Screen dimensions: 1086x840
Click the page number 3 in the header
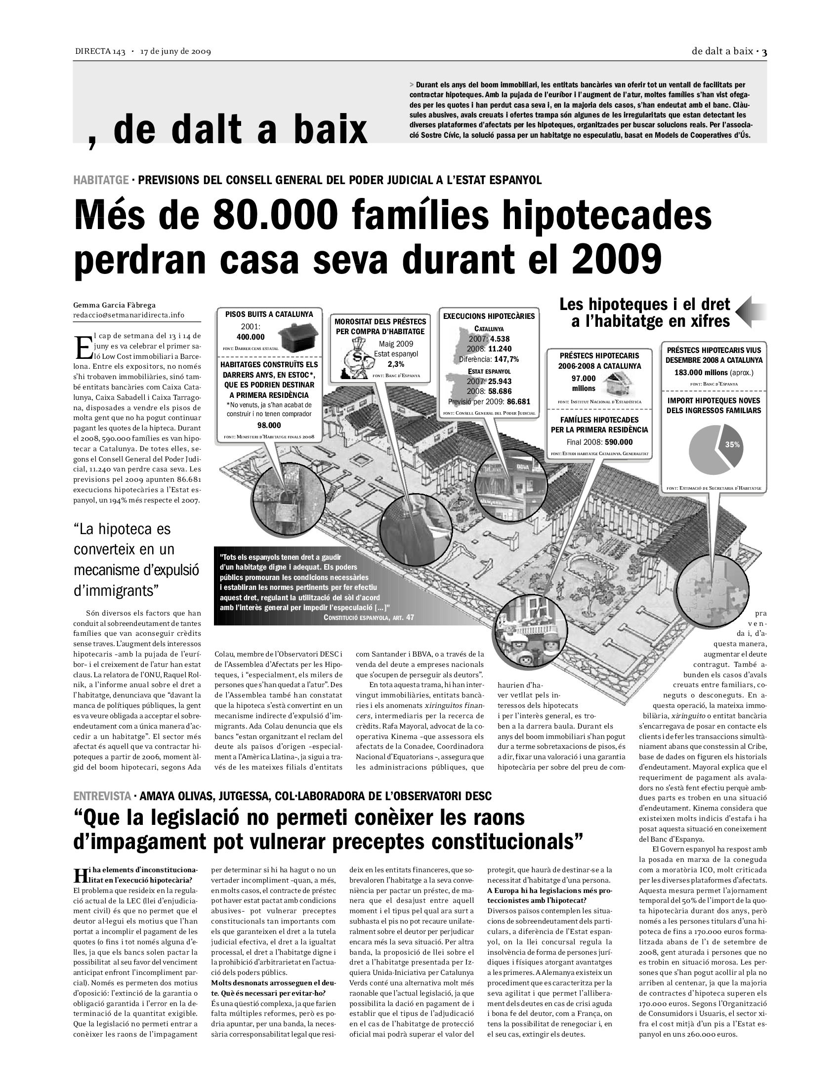[764, 52]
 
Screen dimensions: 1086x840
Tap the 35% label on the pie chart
[732, 445]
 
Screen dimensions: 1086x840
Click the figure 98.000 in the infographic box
[269, 425]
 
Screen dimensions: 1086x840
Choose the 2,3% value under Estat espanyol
[396, 363]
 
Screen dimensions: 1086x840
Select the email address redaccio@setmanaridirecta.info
[129, 315]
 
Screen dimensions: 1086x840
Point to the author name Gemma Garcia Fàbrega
[115, 305]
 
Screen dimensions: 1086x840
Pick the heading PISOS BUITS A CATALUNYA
[269, 314]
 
